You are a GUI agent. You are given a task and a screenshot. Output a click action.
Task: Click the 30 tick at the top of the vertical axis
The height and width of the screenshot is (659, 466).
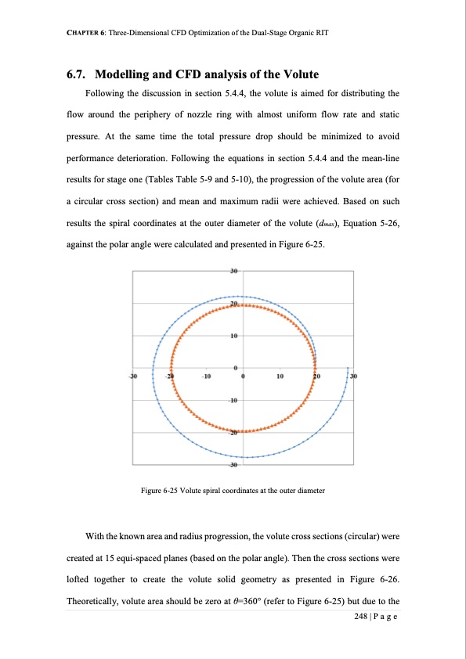click(x=234, y=272)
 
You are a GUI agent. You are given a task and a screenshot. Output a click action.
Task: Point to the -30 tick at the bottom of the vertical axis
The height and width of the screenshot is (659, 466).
click(x=233, y=466)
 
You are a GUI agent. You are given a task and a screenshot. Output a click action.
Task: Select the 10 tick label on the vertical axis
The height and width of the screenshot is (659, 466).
click(x=234, y=337)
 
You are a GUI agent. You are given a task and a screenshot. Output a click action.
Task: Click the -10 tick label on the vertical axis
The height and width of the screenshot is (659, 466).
click(x=233, y=401)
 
